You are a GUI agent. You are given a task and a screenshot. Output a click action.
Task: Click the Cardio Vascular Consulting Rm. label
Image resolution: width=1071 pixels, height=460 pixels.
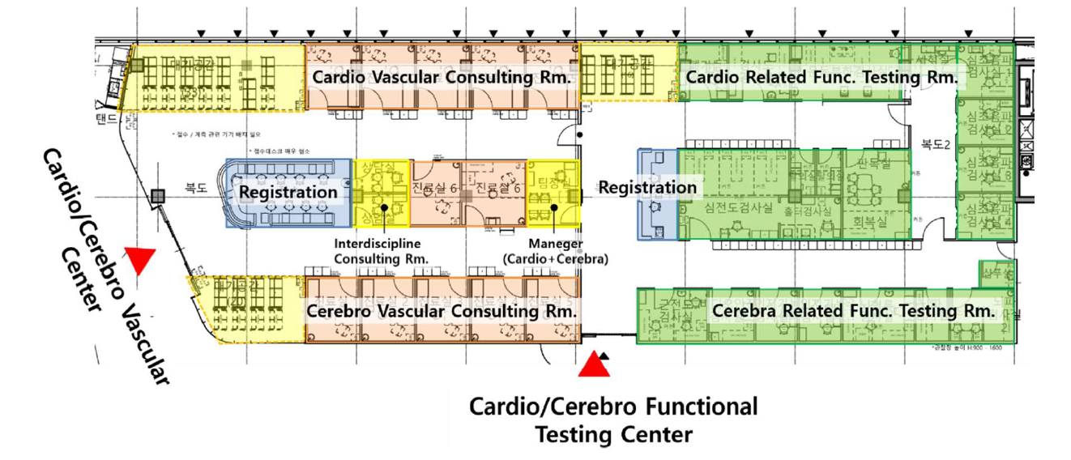pyautogui.click(x=442, y=78)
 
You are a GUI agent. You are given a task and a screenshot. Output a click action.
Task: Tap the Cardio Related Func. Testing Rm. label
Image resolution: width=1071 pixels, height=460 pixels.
pyautogui.click(x=820, y=78)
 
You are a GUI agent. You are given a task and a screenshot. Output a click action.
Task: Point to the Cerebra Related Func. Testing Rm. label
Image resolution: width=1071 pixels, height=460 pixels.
pyautogui.click(x=852, y=311)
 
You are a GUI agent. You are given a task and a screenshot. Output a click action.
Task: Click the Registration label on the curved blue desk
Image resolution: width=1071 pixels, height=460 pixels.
pyautogui.click(x=288, y=193)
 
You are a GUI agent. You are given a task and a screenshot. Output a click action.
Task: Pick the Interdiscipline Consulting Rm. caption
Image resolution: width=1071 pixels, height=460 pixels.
pyautogui.click(x=382, y=250)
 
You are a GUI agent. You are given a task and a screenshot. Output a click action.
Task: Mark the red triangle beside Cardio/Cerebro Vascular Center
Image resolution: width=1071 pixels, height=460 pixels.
pyautogui.click(x=143, y=260)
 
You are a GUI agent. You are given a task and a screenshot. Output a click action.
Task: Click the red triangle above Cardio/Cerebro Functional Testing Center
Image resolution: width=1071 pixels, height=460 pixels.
pyautogui.click(x=595, y=365)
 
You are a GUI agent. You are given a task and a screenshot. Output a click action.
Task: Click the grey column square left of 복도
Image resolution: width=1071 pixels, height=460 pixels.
pyautogui.click(x=157, y=194)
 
